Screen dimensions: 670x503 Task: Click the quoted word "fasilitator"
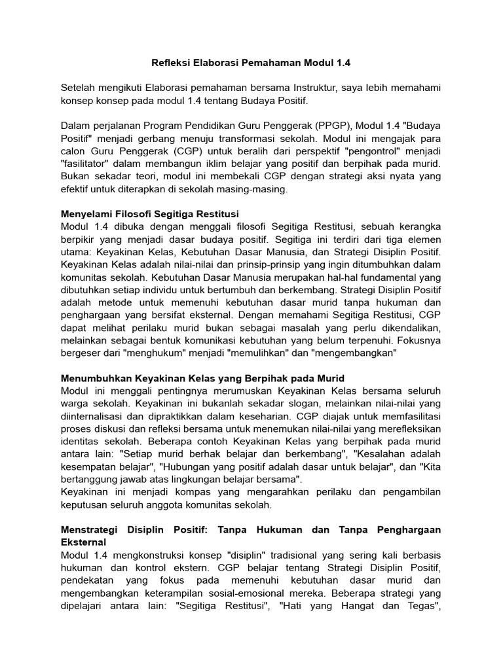88,164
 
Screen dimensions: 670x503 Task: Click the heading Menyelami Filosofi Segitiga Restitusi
150,214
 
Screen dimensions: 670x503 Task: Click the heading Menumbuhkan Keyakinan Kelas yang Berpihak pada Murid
202,378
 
